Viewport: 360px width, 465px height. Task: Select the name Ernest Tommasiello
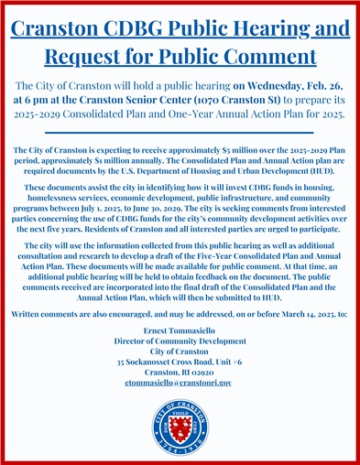pyautogui.click(x=179, y=329)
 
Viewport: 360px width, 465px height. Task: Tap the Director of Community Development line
pyautogui.click(x=179, y=340)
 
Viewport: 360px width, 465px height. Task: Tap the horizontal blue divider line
pyautogui.click(x=180, y=132)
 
